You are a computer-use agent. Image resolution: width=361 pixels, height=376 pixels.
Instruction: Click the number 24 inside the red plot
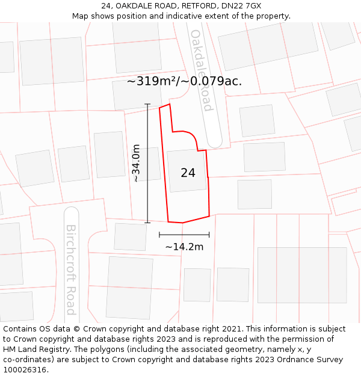pyautogui.click(x=188, y=173)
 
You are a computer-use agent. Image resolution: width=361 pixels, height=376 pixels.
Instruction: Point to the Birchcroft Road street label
pyautogui.click(x=71, y=270)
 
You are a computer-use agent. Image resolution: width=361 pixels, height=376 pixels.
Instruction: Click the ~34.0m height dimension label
pyautogui.click(x=136, y=163)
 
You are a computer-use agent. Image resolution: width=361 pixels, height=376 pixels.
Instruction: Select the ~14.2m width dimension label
pyautogui.click(x=184, y=247)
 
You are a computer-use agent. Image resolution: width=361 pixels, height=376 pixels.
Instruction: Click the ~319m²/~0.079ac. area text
pyautogui.click(x=184, y=81)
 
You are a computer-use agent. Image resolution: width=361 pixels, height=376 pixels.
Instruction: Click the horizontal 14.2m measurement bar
pyautogui.click(x=184, y=235)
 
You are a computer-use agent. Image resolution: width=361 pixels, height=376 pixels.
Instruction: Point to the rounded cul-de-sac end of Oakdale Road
pyautogui.click(x=215, y=141)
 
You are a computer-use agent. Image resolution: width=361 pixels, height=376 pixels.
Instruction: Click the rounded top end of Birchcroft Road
pyautogui.click(x=72, y=214)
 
